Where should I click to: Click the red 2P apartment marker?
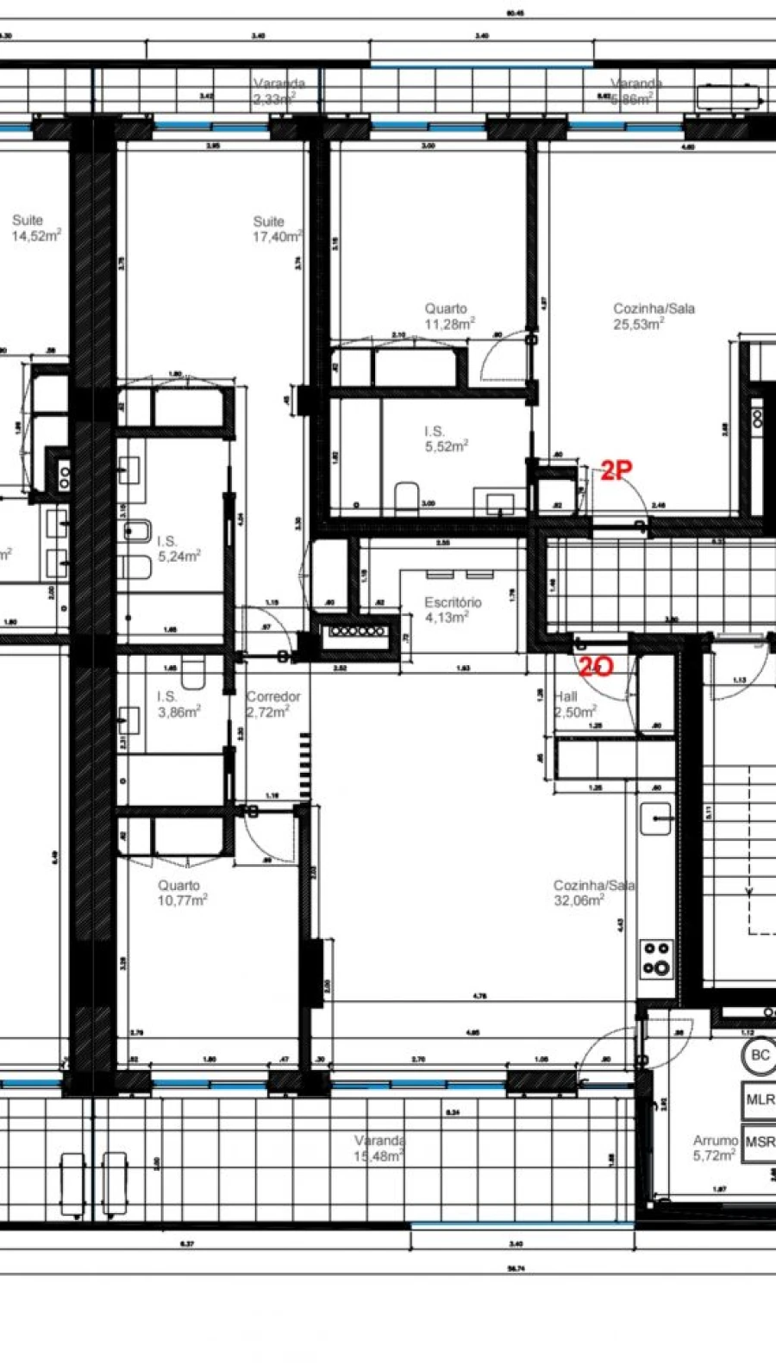click(616, 470)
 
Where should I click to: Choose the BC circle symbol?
click(760, 1055)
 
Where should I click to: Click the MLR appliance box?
click(760, 1100)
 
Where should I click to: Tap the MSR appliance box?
click(760, 1142)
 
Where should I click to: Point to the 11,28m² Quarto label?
click(448, 316)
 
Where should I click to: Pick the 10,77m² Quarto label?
click(181, 893)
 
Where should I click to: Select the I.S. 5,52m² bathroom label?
click(445, 439)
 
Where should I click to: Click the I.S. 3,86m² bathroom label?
click(178, 704)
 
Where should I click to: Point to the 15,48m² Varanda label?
click(379, 1148)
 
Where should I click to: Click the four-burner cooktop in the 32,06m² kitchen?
click(655, 958)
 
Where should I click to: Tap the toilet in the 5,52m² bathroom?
click(405, 499)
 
